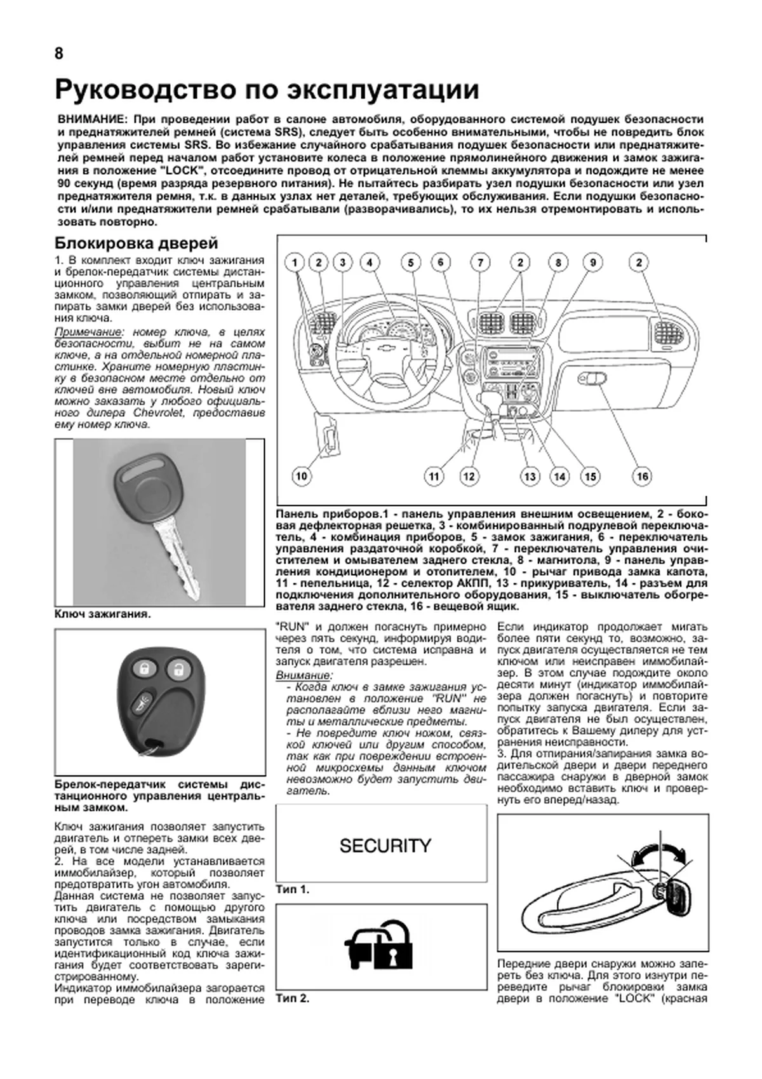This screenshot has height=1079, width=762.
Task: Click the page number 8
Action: [x=59, y=54]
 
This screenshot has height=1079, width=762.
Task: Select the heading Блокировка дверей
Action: [x=137, y=243]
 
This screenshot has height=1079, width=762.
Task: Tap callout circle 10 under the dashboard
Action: [x=301, y=476]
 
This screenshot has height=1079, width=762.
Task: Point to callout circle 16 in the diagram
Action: [x=643, y=476]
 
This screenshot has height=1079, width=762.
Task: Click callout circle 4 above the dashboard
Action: [x=370, y=262]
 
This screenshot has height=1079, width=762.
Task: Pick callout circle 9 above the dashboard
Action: [x=592, y=262]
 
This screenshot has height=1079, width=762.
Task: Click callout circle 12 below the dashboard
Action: [x=469, y=476]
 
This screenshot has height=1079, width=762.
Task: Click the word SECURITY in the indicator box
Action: [x=385, y=846]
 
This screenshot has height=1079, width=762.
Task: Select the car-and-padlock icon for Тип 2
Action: [x=378, y=946]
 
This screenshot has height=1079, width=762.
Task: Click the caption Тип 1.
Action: [x=293, y=890]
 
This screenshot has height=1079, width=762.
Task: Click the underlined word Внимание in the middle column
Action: [x=304, y=675]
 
